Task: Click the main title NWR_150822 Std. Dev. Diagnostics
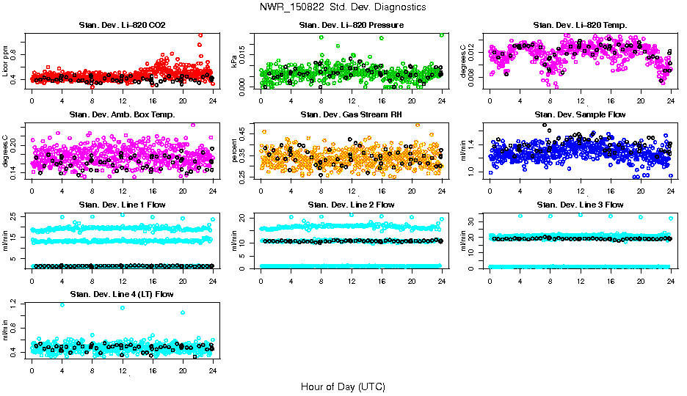pos(343,7)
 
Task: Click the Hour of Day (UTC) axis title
pos(343,386)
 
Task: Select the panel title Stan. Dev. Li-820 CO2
pos(122,26)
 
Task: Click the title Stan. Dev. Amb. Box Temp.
pos(122,115)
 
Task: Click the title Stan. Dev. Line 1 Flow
pos(122,205)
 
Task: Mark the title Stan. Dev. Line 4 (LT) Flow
pos(122,294)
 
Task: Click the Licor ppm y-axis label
pos(6,60)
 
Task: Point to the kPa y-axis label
pos(235,61)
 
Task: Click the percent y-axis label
pos(235,150)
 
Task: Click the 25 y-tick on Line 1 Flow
pos(16,217)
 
